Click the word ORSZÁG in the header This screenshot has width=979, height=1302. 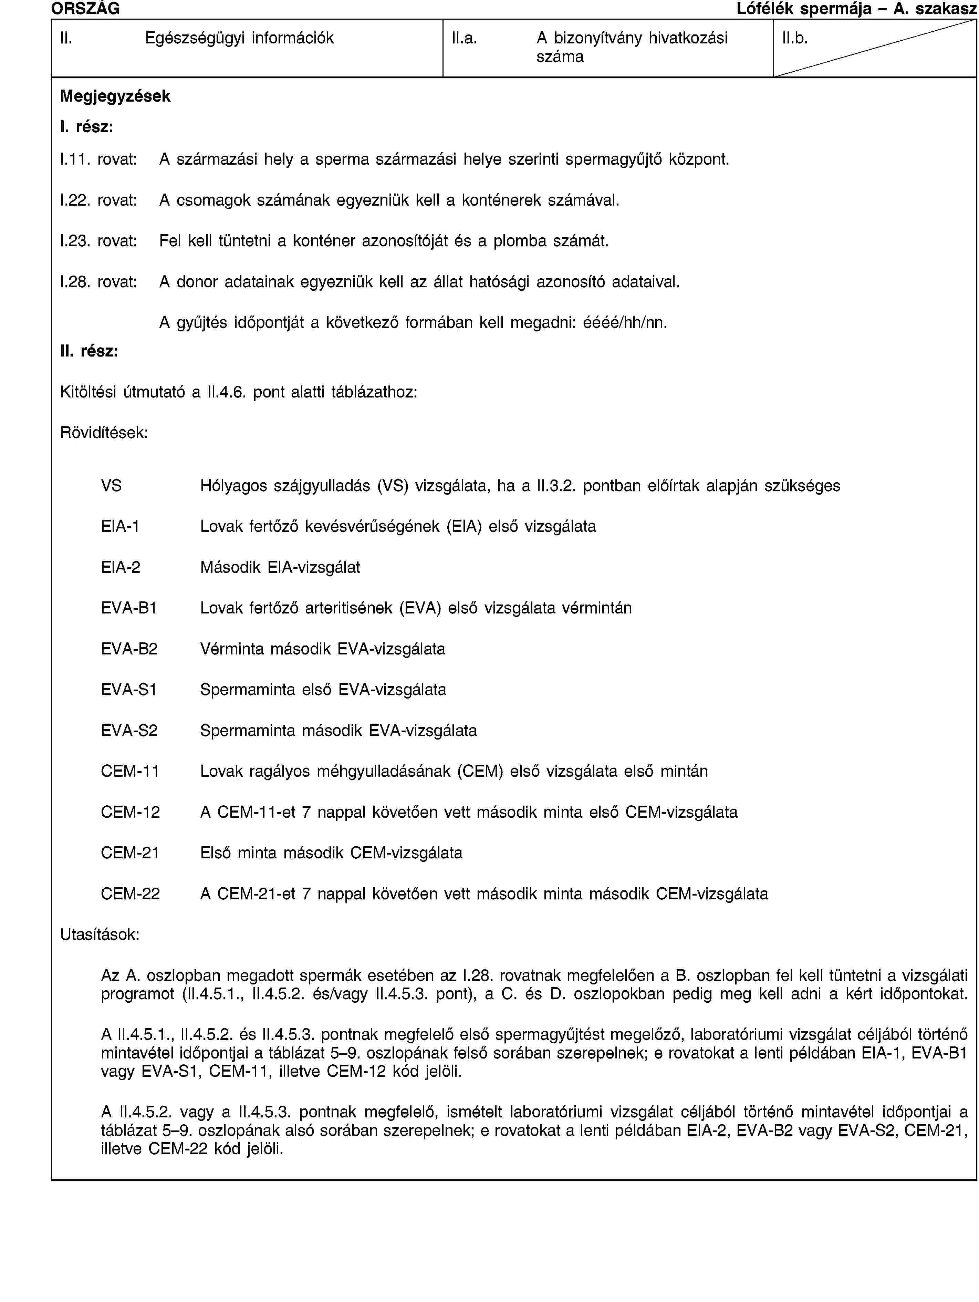[x=85, y=8]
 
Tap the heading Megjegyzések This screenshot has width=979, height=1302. [x=115, y=96]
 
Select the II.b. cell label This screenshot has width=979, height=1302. [x=794, y=39]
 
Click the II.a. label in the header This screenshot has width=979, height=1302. [x=464, y=39]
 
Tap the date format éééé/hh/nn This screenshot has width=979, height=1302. [x=624, y=322]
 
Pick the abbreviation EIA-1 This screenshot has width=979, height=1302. [x=120, y=526]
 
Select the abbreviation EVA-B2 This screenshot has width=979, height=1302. [x=129, y=649]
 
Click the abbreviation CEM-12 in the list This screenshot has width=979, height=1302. [x=130, y=812]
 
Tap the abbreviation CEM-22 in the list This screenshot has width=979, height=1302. [x=130, y=893]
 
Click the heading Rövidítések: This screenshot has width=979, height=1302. [x=104, y=433]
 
